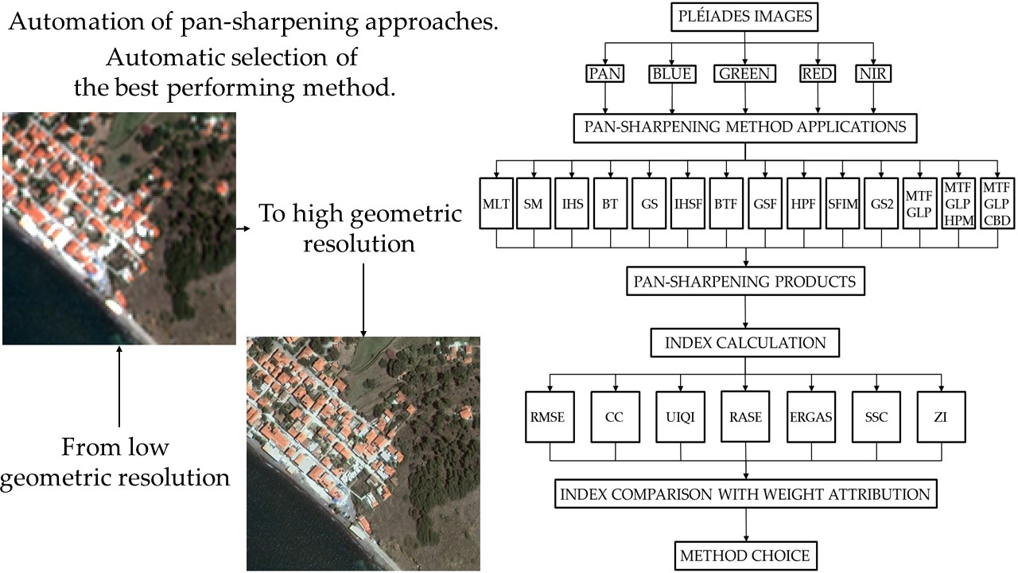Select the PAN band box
pyautogui.click(x=606, y=74)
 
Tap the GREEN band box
pyautogui.click(x=744, y=74)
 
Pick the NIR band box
pyautogui.click(x=874, y=74)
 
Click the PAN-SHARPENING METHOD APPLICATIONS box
pyautogui.click(x=744, y=127)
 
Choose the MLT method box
pyautogui.click(x=496, y=203)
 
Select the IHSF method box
pyautogui.click(x=687, y=203)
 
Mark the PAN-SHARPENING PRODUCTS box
pyautogui.click(x=744, y=282)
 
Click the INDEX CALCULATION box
pyautogui.click(x=744, y=343)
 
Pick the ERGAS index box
pyautogui.click(x=810, y=416)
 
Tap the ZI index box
pyautogui.click(x=941, y=416)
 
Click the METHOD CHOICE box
pyautogui.click(x=744, y=555)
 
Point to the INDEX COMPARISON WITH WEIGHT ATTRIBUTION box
pyautogui.click(x=744, y=494)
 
